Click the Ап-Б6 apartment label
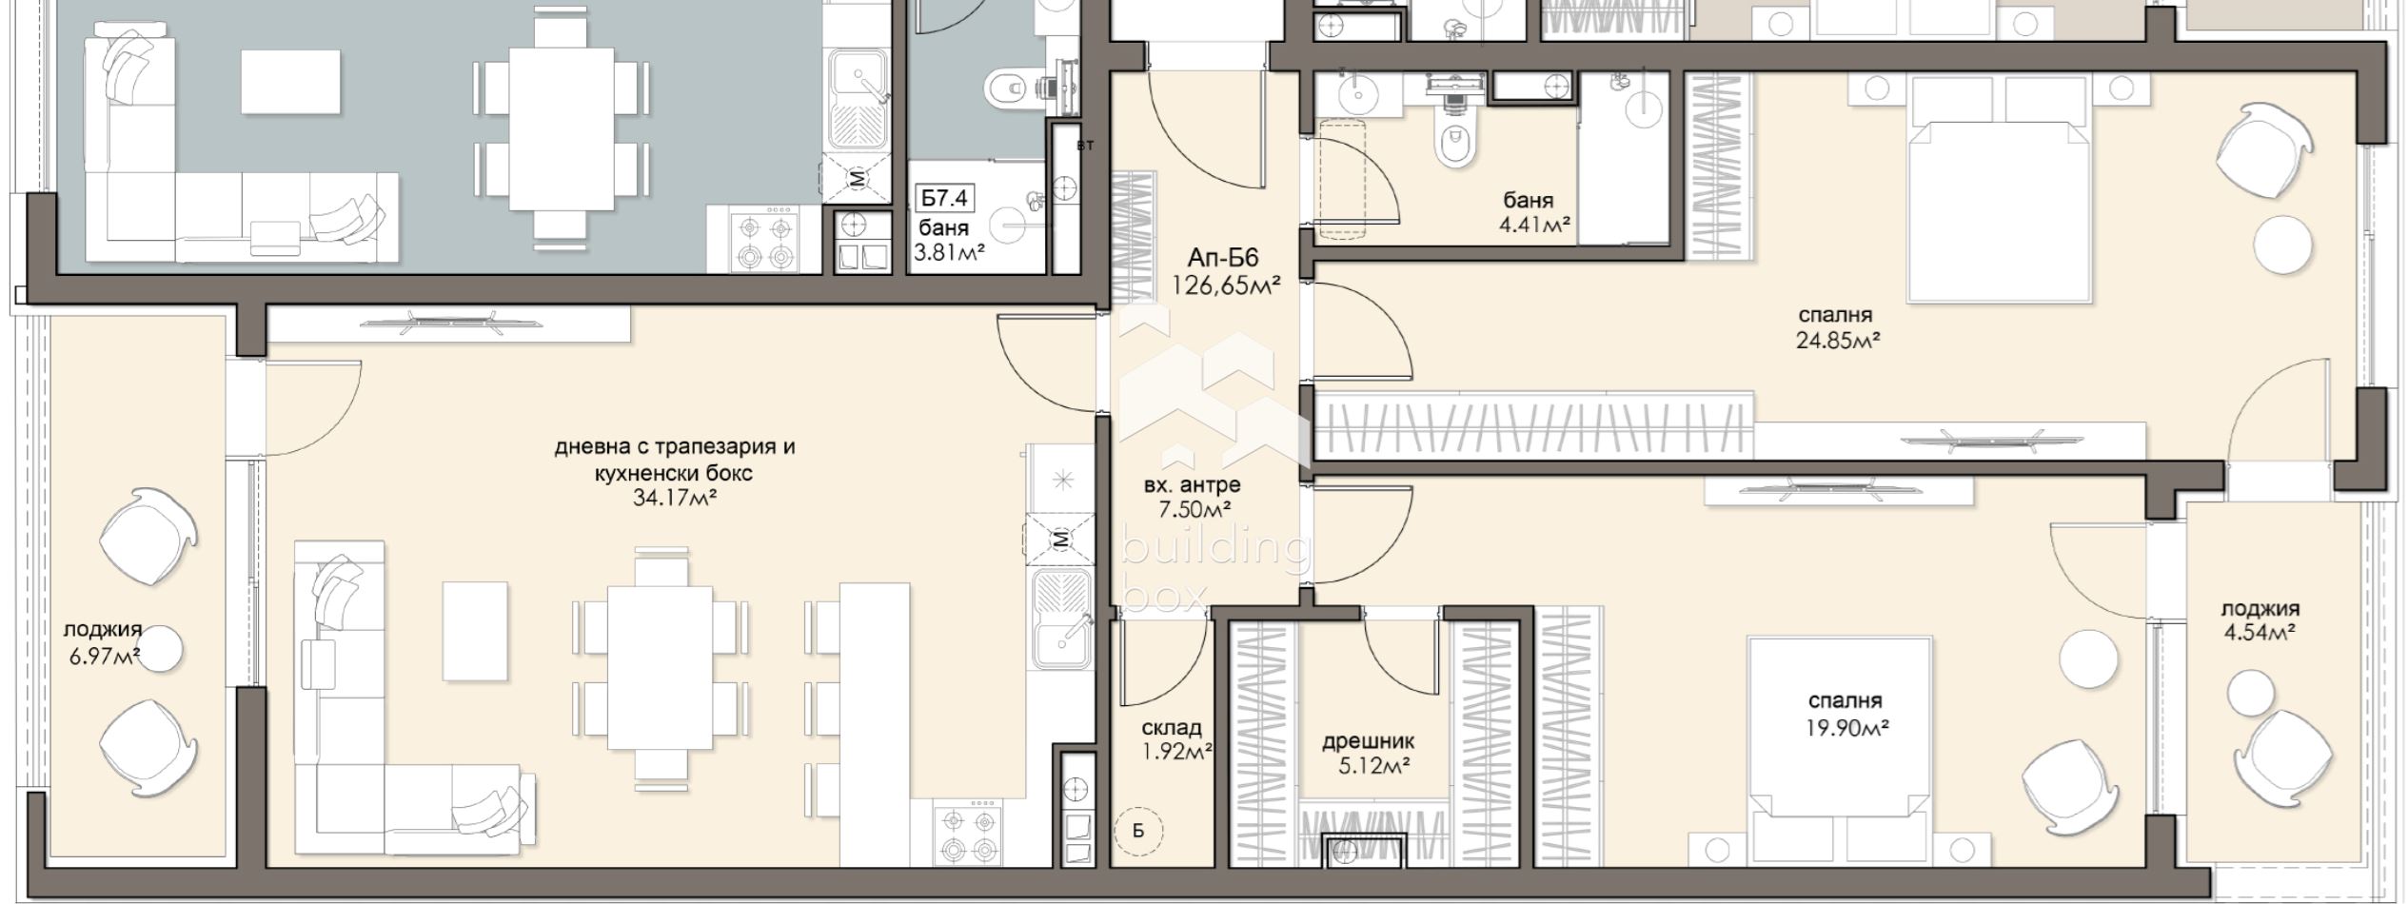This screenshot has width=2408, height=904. click(1223, 258)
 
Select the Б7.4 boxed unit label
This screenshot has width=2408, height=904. click(944, 199)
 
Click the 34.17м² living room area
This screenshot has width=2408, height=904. click(674, 497)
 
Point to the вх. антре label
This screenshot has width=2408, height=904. click(1192, 485)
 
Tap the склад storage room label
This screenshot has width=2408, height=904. click(1172, 728)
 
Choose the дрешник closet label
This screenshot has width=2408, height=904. click(1368, 741)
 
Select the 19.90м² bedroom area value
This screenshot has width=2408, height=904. click(1847, 728)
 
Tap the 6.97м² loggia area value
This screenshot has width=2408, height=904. click(105, 656)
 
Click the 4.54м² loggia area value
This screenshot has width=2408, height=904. click(2260, 633)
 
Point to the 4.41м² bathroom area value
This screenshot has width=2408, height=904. click(1534, 225)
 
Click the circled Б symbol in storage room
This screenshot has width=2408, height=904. click(1138, 831)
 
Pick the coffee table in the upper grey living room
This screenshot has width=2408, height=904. click(290, 82)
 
